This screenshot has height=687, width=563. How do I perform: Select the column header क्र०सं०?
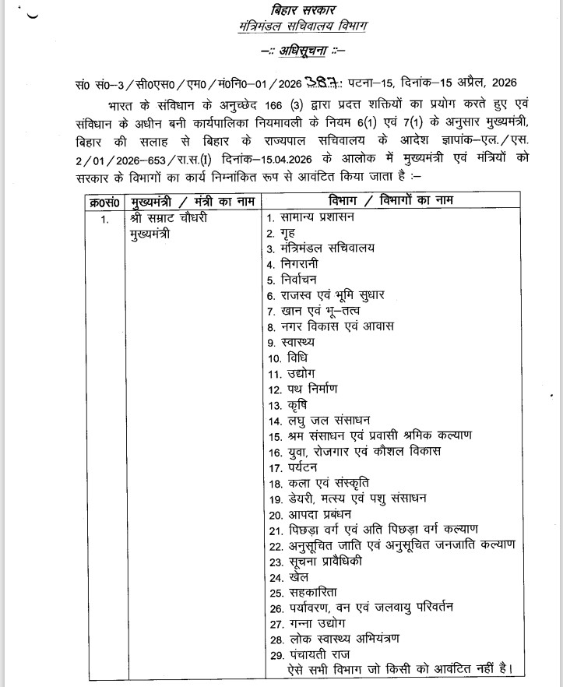tap(104, 201)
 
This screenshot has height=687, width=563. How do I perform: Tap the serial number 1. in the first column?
tap(104, 219)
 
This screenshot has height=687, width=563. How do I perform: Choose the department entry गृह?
tap(290, 233)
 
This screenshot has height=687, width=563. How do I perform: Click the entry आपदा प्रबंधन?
tap(310, 514)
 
